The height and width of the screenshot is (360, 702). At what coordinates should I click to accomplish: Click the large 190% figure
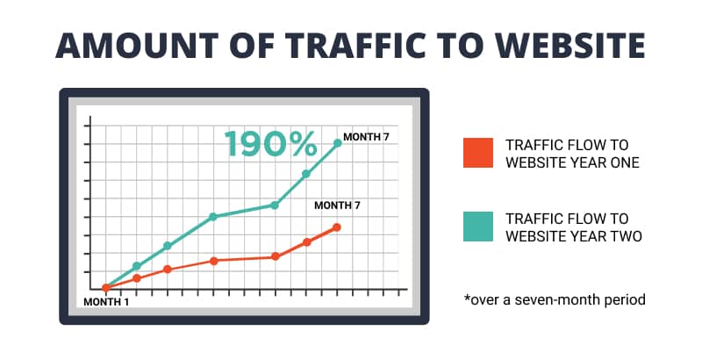point(270,143)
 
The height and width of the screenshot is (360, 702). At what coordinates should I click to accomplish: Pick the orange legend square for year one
point(478,153)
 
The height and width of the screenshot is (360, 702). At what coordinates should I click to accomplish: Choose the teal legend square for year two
point(478,227)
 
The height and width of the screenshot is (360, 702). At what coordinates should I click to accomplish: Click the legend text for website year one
point(573,154)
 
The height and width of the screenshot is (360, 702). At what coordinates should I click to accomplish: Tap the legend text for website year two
point(574,227)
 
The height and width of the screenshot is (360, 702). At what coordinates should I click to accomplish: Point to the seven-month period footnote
point(555,299)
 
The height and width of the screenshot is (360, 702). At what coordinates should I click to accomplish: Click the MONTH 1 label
point(106,302)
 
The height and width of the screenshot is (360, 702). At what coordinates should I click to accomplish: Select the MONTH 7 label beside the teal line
point(366,137)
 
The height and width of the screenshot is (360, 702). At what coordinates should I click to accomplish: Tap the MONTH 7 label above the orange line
point(337,205)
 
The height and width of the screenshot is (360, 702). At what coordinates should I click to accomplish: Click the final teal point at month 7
point(338,143)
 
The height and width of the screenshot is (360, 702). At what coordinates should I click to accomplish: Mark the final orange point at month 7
point(337,227)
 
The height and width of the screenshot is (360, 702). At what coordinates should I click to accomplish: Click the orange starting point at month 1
point(105,288)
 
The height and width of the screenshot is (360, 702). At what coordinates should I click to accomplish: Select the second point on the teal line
point(137,266)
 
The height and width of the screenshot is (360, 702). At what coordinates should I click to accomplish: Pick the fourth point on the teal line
point(213,217)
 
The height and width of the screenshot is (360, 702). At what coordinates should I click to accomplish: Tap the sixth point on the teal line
point(306,174)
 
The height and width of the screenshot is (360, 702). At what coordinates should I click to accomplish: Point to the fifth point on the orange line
point(276,256)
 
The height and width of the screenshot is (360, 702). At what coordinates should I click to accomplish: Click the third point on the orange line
point(168,269)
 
